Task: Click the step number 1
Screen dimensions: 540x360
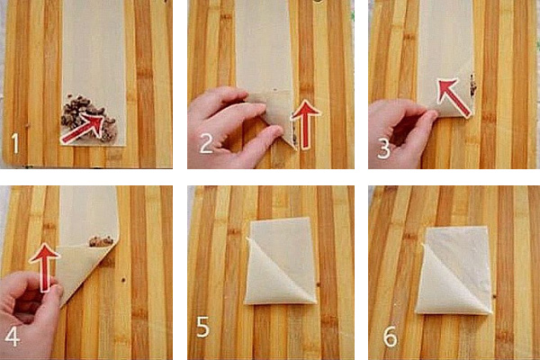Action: pos(14,143)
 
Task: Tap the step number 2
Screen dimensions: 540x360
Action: pos(206,143)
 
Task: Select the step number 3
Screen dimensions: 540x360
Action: pos(383,148)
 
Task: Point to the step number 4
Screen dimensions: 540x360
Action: pos(12,336)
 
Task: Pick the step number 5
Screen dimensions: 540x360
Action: pos(203,328)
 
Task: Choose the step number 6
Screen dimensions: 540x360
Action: pos(391,337)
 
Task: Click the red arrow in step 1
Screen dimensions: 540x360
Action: pos(82,129)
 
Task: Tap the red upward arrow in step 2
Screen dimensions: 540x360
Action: pos(305,124)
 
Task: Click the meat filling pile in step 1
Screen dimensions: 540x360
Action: pos(88,118)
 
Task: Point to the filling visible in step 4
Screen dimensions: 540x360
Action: pos(101,241)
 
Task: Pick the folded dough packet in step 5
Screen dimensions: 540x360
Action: pos(281,261)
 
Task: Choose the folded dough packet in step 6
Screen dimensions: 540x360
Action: pos(454,271)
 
